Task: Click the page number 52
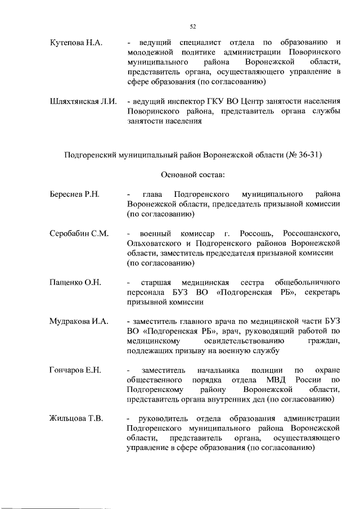(x=192, y=26)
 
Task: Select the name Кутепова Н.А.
(x=75, y=43)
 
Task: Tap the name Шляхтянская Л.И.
(x=83, y=101)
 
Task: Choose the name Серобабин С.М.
(x=79, y=233)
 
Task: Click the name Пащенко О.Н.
(x=75, y=282)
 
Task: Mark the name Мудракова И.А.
(x=78, y=321)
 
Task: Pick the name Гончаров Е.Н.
(x=75, y=370)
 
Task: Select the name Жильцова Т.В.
(x=76, y=418)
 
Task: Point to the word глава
(x=153, y=195)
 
